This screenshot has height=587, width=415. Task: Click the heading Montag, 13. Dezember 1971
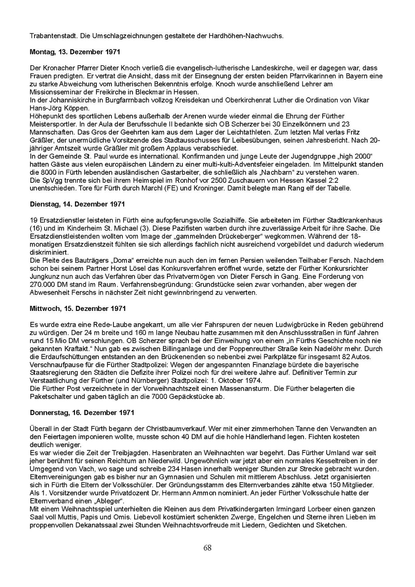click(x=75, y=52)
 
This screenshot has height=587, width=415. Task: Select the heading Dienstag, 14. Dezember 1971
click(x=77, y=204)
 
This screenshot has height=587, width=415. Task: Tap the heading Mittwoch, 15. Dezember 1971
click(x=78, y=308)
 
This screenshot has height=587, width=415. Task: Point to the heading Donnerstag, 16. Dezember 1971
click(x=82, y=413)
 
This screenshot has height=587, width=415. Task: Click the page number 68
click(x=207, y=548)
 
